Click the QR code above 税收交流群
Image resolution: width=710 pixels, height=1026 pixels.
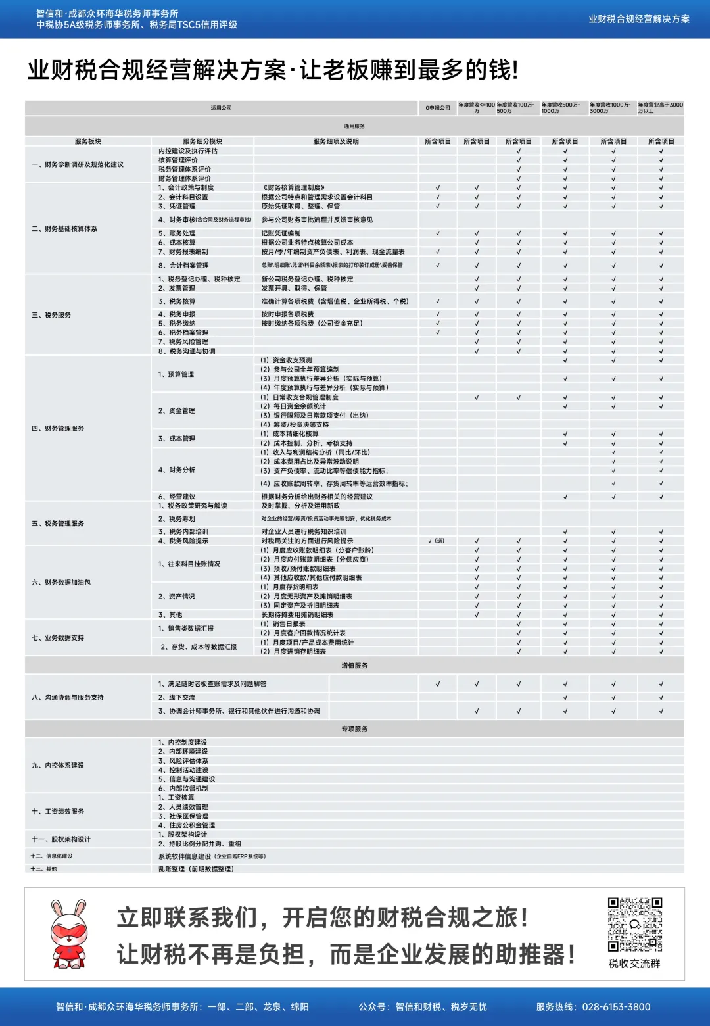point(634,924)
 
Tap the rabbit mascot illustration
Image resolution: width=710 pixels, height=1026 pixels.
point(69,934)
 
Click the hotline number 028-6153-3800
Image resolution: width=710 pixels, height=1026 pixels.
point(616,1007)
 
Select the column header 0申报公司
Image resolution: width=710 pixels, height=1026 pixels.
point(438,108)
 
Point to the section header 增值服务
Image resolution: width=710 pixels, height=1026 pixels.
point(354,666)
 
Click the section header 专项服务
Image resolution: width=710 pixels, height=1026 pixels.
point(354,729)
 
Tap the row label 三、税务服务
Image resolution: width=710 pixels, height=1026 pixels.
point(51,315)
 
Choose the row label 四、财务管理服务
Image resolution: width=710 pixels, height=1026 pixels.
point(58,428)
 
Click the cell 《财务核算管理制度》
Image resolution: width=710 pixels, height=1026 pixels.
point(293,187)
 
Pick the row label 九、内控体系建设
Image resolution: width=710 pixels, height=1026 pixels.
point(58,765)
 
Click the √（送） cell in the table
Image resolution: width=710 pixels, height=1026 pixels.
point(437,541)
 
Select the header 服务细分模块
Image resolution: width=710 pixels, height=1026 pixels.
point(202,141)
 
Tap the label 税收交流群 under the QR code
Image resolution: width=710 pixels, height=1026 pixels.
point(634,964)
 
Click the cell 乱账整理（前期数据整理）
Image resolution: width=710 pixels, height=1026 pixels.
point(196,869)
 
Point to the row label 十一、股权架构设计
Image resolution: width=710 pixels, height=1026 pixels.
point(61,839)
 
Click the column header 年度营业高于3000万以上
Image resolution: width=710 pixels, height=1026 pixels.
point(660,108)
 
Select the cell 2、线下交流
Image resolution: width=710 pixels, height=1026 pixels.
point(177,697)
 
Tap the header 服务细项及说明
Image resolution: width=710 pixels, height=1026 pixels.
point(336,141)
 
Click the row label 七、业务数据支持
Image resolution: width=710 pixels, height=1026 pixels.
point(58,637)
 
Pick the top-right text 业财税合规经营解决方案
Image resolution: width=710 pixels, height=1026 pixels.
point(639,19)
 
